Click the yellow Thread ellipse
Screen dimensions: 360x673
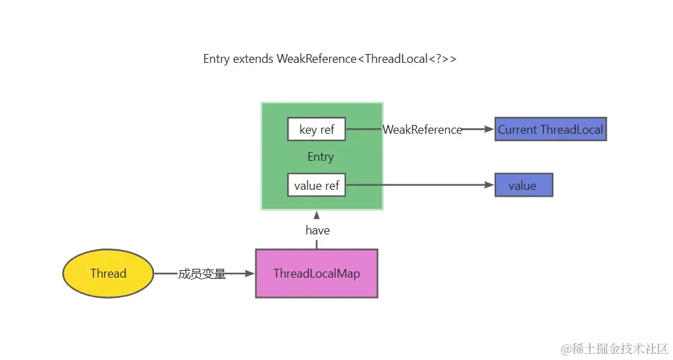pos(108,274)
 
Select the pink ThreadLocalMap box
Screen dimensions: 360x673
pos(316,274)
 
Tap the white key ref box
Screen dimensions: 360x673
pos(316,130)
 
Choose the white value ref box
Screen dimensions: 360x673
pos(316,185)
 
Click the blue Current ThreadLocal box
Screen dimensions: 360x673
pos(550,129)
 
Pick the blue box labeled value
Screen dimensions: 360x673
pos(524,185)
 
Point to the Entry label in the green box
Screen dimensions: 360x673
pos(320,157)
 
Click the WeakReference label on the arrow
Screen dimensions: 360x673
pos(422,130)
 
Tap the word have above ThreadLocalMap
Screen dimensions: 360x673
pos(317,230)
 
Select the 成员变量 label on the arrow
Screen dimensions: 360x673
pos(202,274)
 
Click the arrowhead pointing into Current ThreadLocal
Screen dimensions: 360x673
pos(489,129)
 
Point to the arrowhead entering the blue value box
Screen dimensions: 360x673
pos(489,185)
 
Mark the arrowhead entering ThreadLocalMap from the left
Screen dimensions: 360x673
pos(250,274)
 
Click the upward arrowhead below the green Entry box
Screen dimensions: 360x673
pos(316,215)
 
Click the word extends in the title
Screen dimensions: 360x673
pos(253,59)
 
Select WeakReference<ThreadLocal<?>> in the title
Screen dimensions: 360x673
pos(366,59)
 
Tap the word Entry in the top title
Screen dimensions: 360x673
pos(216,59)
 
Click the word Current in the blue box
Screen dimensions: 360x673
pos(518,129)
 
